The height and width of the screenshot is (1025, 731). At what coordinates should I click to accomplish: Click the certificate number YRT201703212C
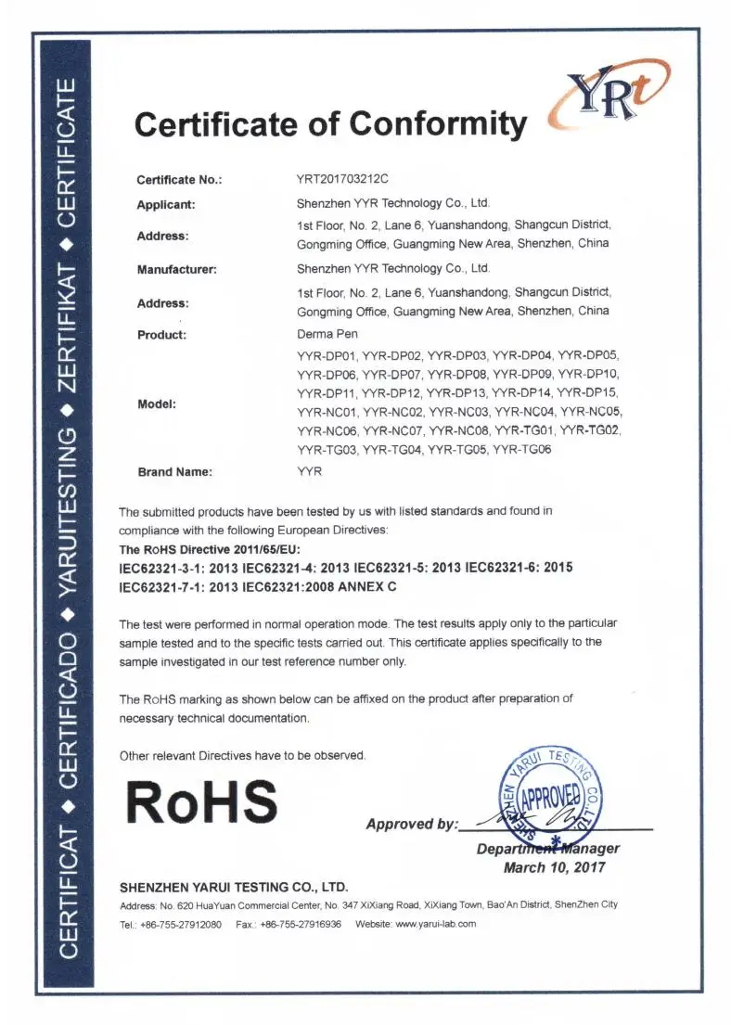340,179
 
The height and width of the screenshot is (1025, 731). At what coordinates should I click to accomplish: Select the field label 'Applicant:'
166,204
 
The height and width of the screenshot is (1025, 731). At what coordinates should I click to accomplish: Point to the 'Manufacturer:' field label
177,269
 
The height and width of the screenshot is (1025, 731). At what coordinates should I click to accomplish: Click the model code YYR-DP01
327,355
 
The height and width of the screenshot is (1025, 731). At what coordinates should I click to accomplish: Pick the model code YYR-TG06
522,450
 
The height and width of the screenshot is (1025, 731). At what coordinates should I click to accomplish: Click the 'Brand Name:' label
175,471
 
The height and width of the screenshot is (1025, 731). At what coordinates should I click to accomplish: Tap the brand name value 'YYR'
309,471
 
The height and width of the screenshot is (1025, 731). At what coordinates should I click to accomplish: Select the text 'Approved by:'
412,824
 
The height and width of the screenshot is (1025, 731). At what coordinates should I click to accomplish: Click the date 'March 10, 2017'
554,867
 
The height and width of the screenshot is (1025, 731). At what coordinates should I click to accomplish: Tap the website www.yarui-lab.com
435,924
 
